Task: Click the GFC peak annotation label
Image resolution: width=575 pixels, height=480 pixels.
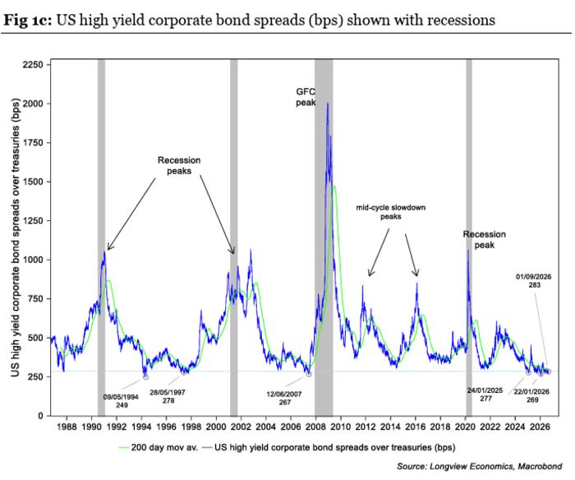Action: click(x=306, y=97)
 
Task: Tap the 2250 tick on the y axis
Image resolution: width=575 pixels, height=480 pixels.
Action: click(x=33, y=65)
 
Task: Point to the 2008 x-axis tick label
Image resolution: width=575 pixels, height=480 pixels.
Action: click(x=315, y=427)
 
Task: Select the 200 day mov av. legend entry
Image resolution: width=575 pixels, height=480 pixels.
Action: click(x=159, y=447)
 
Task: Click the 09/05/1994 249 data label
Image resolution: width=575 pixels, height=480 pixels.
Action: click(x=121, y=401)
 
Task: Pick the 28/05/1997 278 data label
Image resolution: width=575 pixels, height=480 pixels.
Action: click(x=168, y=396)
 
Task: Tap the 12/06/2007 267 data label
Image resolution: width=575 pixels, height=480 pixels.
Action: click(x=284, y=398)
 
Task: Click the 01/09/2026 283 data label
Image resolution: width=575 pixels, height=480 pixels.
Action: click(x=534, y=281)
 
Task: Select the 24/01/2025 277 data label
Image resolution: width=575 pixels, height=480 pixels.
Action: click(x=485, y=395)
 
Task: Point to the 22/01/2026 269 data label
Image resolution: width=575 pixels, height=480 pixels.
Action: click(x=531, y=395)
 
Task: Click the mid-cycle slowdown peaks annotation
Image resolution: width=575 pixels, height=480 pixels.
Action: click(x=391, y=212)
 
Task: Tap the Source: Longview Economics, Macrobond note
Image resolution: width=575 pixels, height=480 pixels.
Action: click(x=479, y=466)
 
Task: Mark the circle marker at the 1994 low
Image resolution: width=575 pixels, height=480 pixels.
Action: click(x=145, y=377)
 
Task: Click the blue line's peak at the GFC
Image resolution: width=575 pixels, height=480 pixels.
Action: click(x=328, y=103)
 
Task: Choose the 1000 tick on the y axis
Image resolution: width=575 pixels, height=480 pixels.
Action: click(x=33, y=260)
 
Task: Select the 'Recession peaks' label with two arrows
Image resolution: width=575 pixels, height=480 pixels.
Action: click(x=179, y=165)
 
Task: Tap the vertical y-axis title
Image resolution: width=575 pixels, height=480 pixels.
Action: click(x=15, y=237)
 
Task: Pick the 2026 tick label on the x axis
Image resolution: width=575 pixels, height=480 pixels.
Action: click(x=540, y=427)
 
